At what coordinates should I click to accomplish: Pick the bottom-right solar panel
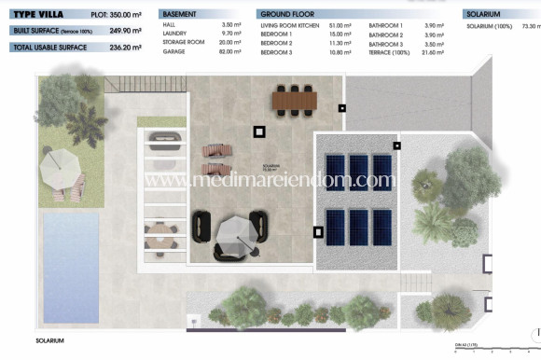pos(381,224)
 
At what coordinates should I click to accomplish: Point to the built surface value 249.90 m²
pos(125,30)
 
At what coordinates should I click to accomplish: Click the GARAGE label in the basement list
pos(173,52)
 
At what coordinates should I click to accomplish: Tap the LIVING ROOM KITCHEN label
pos(290,27)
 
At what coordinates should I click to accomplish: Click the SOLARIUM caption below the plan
pos(49,341)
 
